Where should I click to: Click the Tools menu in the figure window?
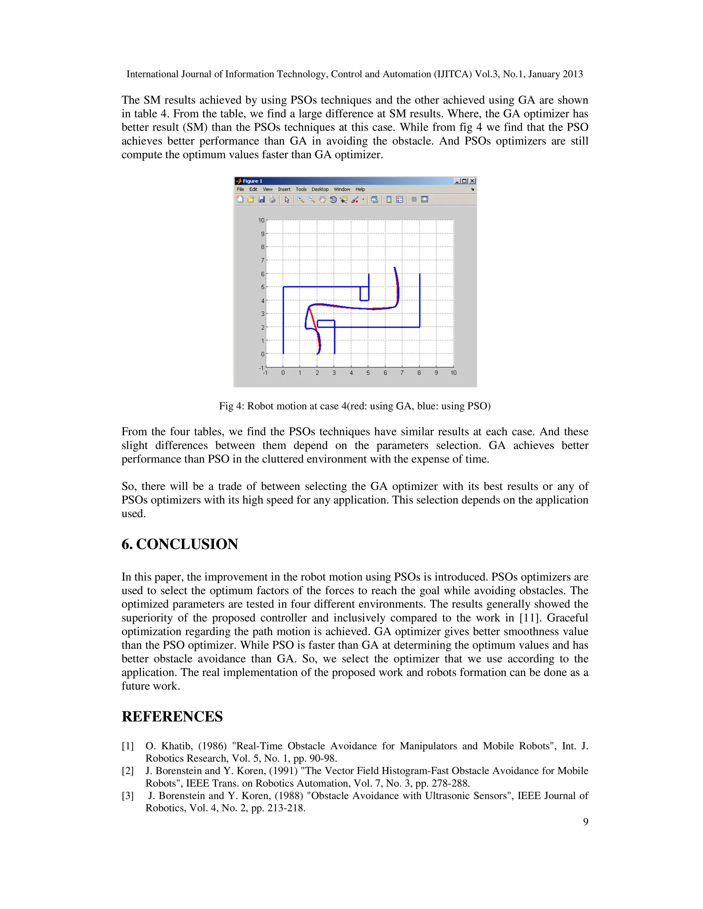point(301,189)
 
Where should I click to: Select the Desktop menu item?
point(320,189)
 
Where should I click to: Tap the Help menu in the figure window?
point(360,189)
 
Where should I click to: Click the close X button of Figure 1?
point(472,181)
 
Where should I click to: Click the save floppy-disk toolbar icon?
point(262,200)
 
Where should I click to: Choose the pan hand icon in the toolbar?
point(322,200)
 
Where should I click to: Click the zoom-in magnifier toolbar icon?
point(301,200)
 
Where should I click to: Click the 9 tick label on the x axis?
point(436,373)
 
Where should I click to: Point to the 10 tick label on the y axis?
point(261,220)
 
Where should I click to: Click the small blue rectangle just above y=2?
point(326,324)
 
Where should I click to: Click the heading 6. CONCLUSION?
point(180,544)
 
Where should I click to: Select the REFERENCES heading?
point(172,717)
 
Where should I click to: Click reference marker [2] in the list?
point(127,771)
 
